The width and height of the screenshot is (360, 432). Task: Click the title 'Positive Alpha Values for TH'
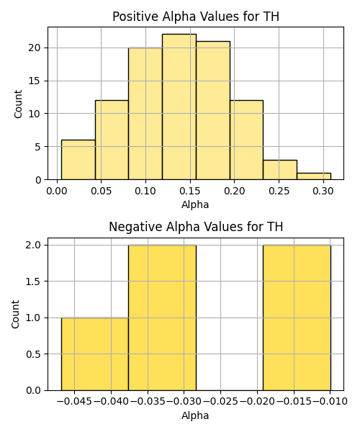pyautogui.click(x=196, y=17)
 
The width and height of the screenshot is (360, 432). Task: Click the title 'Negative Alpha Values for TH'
pyautogui.click(x=196, y=227)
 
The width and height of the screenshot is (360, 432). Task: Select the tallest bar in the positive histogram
pyautogui.click(x=179, y=107)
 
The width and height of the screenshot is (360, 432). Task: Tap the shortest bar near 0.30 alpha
pyautogui.click(x=314, y=176)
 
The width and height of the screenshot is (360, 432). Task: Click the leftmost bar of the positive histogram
pyautogui.click(x=78, y=160)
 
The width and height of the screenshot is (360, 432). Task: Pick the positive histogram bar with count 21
pyautogui.click(x=213, y=110)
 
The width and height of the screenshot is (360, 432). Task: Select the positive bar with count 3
pyautogui.click(x=280, y=170)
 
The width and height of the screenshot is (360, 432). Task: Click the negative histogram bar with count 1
pyautogui.click(x=95, y=354)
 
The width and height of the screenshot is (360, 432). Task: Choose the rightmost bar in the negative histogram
pyautogui.click(x=297, y=318)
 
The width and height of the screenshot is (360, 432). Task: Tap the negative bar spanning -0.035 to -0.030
pyautogui.click(x=162, y=318)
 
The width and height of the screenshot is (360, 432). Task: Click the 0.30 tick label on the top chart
pyautogui.click(x=323, y=191)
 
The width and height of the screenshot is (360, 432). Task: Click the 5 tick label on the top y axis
pyautogui.click(x=37, y=147)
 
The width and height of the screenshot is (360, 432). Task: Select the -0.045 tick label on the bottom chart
pyautogui.click(x=74, y=402)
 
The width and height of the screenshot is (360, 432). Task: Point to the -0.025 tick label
pyautogui.click(x=220, y=402)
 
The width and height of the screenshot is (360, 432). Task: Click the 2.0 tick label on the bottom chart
pyautogui.click(x=33, y=246)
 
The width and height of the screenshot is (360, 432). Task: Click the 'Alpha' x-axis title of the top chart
pyautogui.click(x=195, y=204)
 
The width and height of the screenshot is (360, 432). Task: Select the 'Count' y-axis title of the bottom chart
pyautogui.click(x=15, y=314)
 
